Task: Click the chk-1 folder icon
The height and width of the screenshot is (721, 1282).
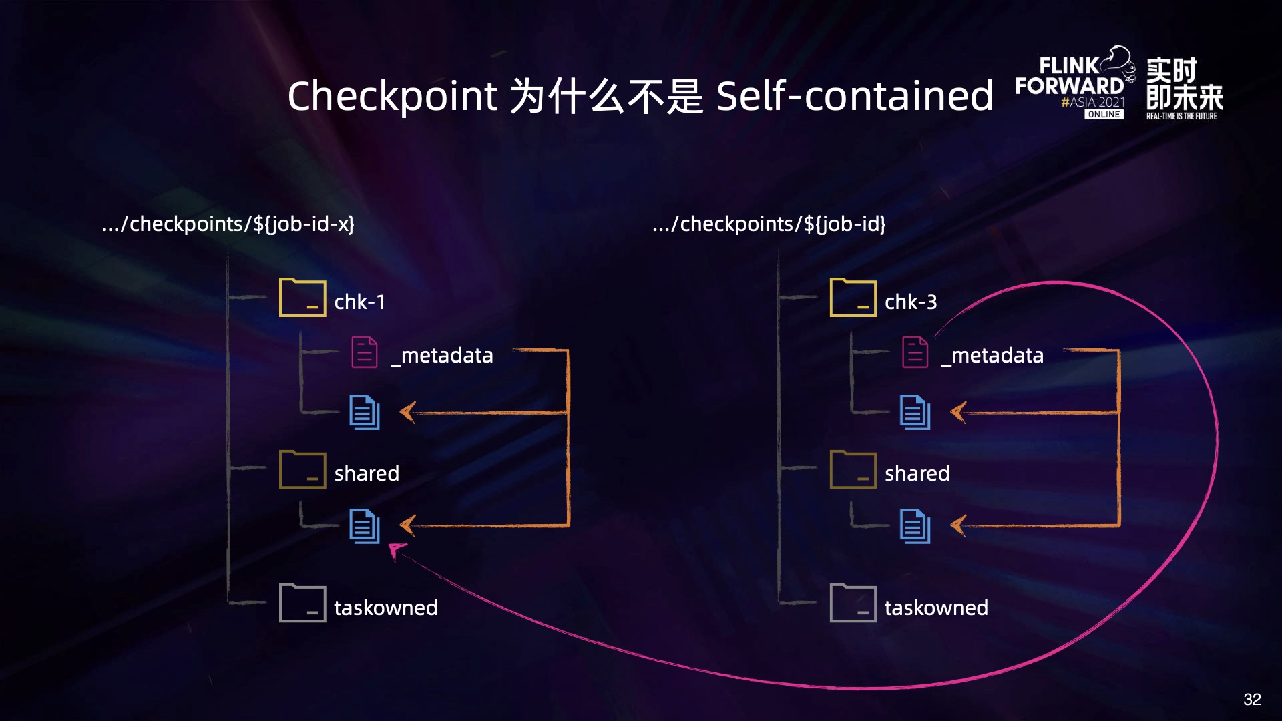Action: pos(302,298)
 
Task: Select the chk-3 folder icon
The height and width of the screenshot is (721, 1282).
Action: pos(853,298)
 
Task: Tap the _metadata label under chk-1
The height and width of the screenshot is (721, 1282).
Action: pos(442,355)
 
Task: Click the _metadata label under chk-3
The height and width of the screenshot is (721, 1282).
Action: pos(993,355)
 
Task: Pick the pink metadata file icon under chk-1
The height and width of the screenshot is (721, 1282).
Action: pos(365,352)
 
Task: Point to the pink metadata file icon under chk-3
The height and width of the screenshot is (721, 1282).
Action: pos(915,352)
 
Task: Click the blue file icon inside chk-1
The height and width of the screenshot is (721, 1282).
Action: pos(365,412)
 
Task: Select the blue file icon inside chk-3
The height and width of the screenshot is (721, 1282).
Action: pos(915,412)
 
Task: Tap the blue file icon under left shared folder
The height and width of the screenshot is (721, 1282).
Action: pos(365,526)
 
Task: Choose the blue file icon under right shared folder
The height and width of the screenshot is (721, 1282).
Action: pos(915,526)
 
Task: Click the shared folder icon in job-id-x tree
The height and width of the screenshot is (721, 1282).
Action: pos(302,470)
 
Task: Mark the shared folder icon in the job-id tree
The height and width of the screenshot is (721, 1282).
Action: pos(853,470)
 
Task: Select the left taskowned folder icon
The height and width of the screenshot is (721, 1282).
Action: pos(302,604)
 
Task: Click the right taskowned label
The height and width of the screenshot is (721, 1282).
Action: pos(936,608)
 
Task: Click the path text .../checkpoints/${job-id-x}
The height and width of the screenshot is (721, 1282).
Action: pos(228,224)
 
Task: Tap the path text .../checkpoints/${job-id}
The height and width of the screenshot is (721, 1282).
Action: pos(769,224)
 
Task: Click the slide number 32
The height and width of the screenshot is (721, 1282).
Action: pos(1252,699)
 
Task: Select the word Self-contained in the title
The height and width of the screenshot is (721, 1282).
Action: pos(855,96)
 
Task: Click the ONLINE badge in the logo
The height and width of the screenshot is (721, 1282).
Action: pos(1104,115)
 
